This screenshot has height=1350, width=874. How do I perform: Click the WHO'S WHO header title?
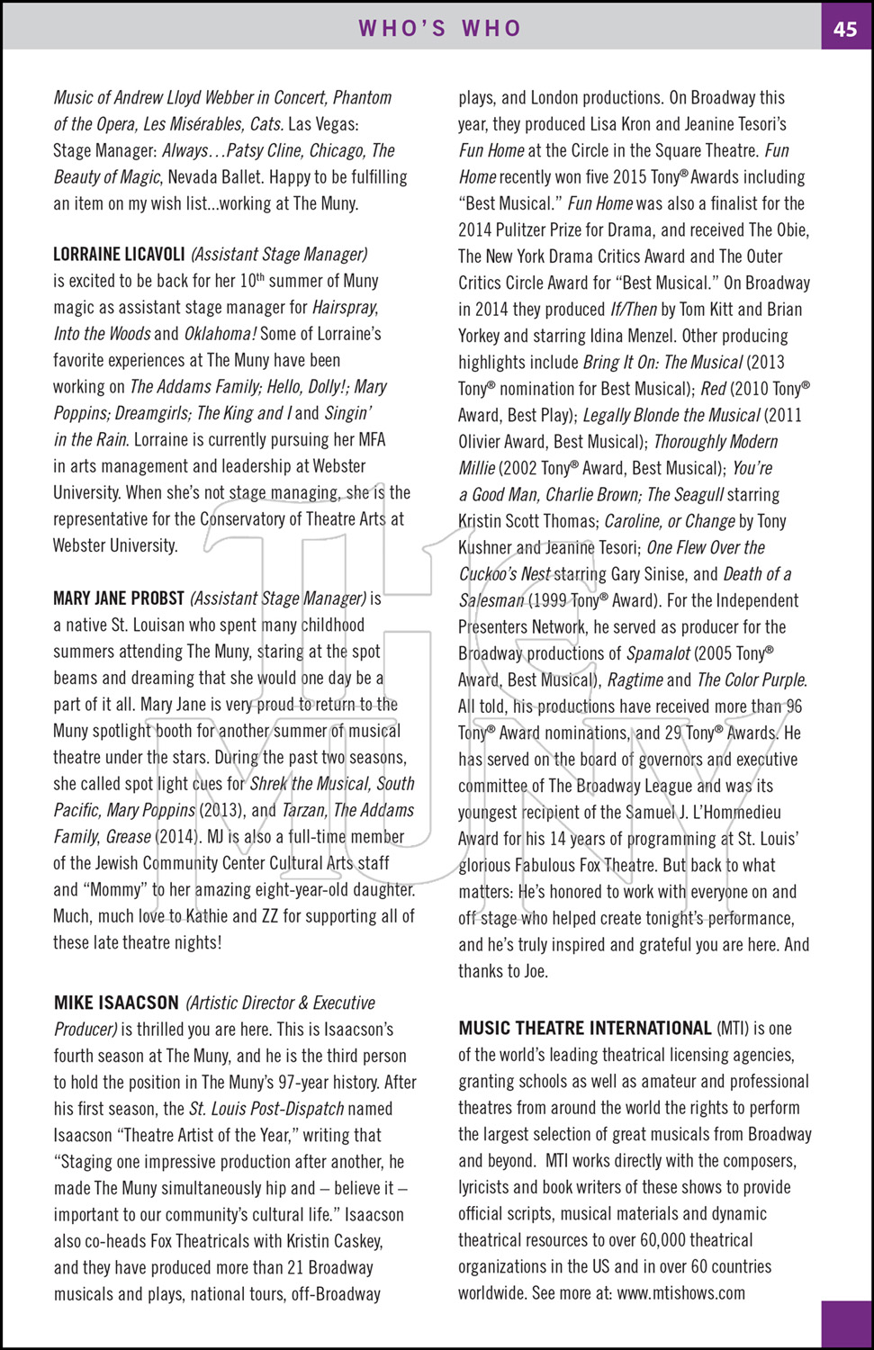pos(440,29)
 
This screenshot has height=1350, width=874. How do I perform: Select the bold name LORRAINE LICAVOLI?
pos(119,255)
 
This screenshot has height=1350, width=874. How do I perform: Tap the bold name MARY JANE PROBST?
pos(119,598)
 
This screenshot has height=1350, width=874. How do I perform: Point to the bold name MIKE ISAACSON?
pos(116,1003)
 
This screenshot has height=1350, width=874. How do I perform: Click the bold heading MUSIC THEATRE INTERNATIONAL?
pos(584,1029)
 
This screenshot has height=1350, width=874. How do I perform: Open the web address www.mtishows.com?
pos(681,1293)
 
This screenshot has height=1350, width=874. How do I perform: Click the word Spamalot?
pos(658,653)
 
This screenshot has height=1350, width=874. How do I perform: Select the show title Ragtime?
pos(635,680)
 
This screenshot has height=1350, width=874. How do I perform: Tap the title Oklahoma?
pos(221,334)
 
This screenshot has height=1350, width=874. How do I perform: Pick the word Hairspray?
pos(345,308)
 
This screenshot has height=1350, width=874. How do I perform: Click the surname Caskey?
pos(358,1241)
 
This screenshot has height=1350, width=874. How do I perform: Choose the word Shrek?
pos(268,784)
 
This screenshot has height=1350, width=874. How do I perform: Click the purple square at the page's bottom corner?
pos(846,1324)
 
